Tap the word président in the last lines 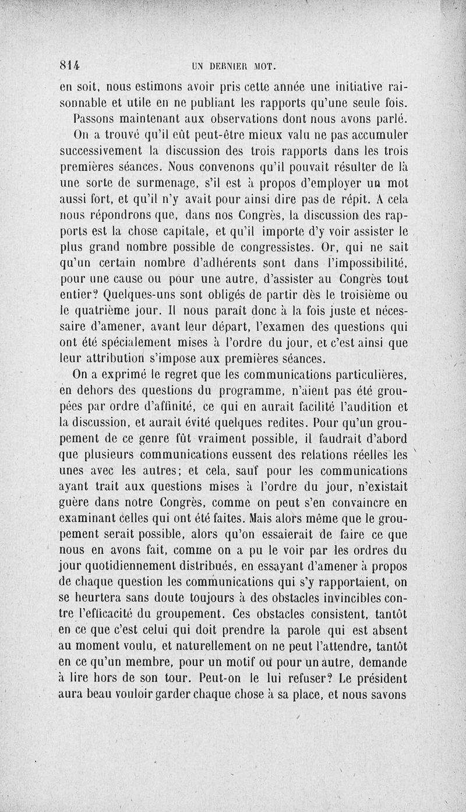(x=379, y=678)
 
